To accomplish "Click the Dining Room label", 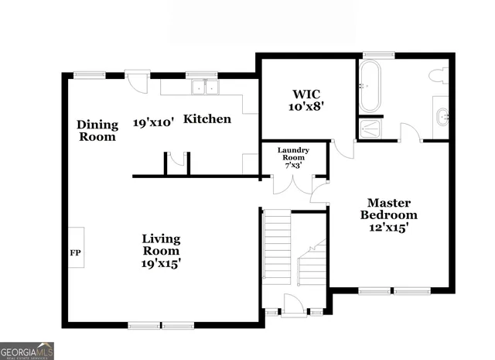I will pyautogui.click(x=97, y=131).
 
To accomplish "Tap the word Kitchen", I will pyautogui.click(x=207, y=119).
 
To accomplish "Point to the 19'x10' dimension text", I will pyautogui.click(x=153, y=122).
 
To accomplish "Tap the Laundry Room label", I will pyautogui.click(x=295, y=154).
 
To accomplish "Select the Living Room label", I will pyautogui.click(x=161, y=245).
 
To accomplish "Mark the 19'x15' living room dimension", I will pyautogui.click(x=161, y=264).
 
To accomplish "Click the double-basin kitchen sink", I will pyautogui.click(x=203, y=87).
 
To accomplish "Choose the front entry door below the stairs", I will pyautogui.click(x=295, y=303).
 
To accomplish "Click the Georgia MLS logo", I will pyautogui.click(x=27, y=350).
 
